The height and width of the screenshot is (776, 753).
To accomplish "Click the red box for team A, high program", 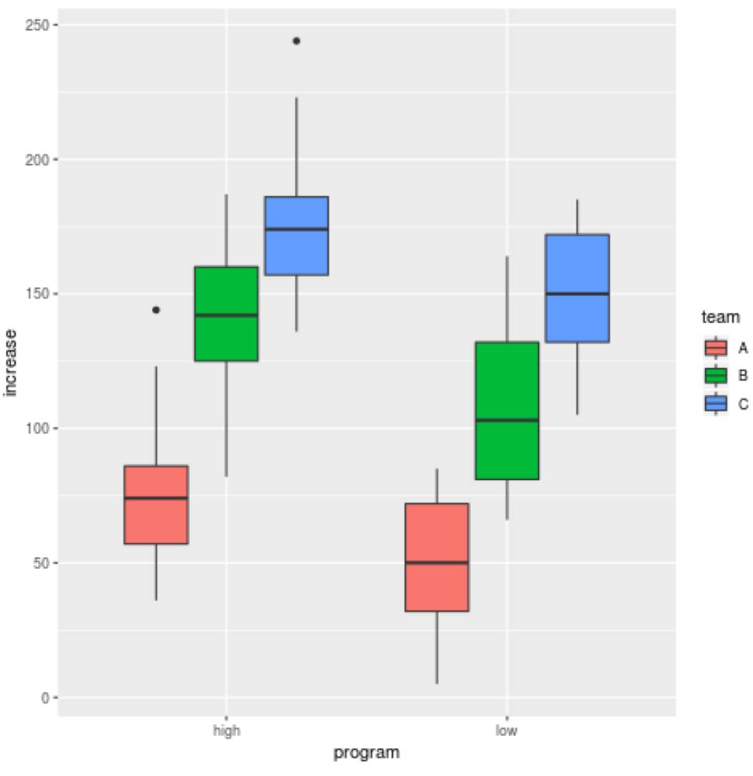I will pos(156,505).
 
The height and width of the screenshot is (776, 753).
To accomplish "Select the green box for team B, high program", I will pos(226,313).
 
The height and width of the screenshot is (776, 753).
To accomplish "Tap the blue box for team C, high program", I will pos(296,236).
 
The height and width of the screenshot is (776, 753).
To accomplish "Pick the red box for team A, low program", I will pos(437,557).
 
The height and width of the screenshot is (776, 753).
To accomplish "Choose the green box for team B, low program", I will pos(507,410).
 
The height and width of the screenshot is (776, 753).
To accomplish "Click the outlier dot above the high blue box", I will pos(296,41).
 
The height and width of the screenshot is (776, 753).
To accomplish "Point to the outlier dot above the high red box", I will pos(156,310).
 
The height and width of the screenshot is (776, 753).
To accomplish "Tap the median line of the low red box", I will pos(437,563).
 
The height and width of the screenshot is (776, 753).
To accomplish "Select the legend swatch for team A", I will pos(715,348).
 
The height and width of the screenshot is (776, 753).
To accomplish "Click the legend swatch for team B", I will pos(715,376).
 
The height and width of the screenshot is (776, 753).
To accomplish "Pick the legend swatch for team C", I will pos(715,403).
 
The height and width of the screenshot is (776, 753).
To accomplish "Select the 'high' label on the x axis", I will pos(226,730).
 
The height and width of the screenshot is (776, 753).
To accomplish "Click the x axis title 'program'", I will pos(367,753).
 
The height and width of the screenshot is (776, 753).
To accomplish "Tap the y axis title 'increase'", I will pos(11,362).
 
